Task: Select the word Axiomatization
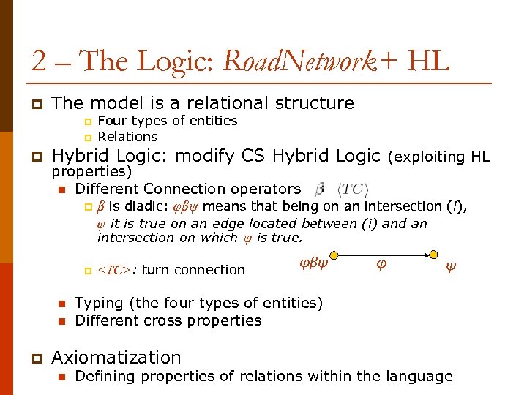click(x=116, y=358)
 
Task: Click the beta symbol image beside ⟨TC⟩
click(x=320, y=189)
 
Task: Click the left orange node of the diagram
click(x=334, y=255)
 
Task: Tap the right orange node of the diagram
click(x=434, y=255)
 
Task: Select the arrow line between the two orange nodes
click(x=384, y=255)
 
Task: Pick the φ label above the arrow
click(x=381, y=265)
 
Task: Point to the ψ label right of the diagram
click(x=450, y=268)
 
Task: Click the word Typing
click(x=97, y=303)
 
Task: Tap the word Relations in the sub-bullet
click(x=127, y=137)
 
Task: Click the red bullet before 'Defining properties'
click(x=62, y=377)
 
